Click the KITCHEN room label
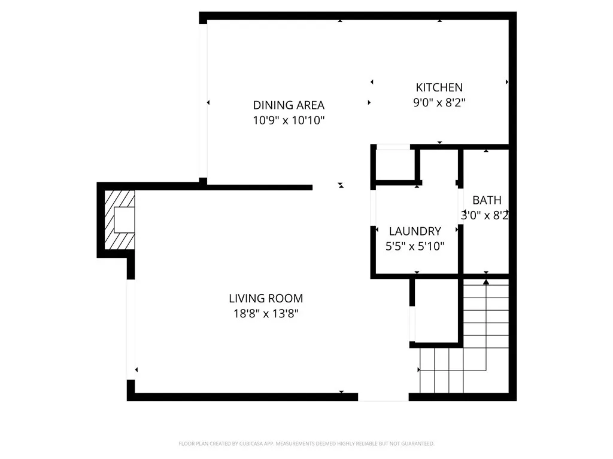[439, 88]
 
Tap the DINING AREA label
[289, 106]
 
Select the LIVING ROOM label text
[266, 298]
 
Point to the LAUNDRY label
[415, 231]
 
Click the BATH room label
[487, 200]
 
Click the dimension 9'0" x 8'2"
[439, 103]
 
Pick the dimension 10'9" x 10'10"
[289, 121]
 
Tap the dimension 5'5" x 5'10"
[415, 246]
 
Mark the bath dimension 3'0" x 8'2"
[485, 215]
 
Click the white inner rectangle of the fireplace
[125, 219]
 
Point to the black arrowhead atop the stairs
[486, 281]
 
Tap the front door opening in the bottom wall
[383, 397]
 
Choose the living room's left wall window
[131, 329]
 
